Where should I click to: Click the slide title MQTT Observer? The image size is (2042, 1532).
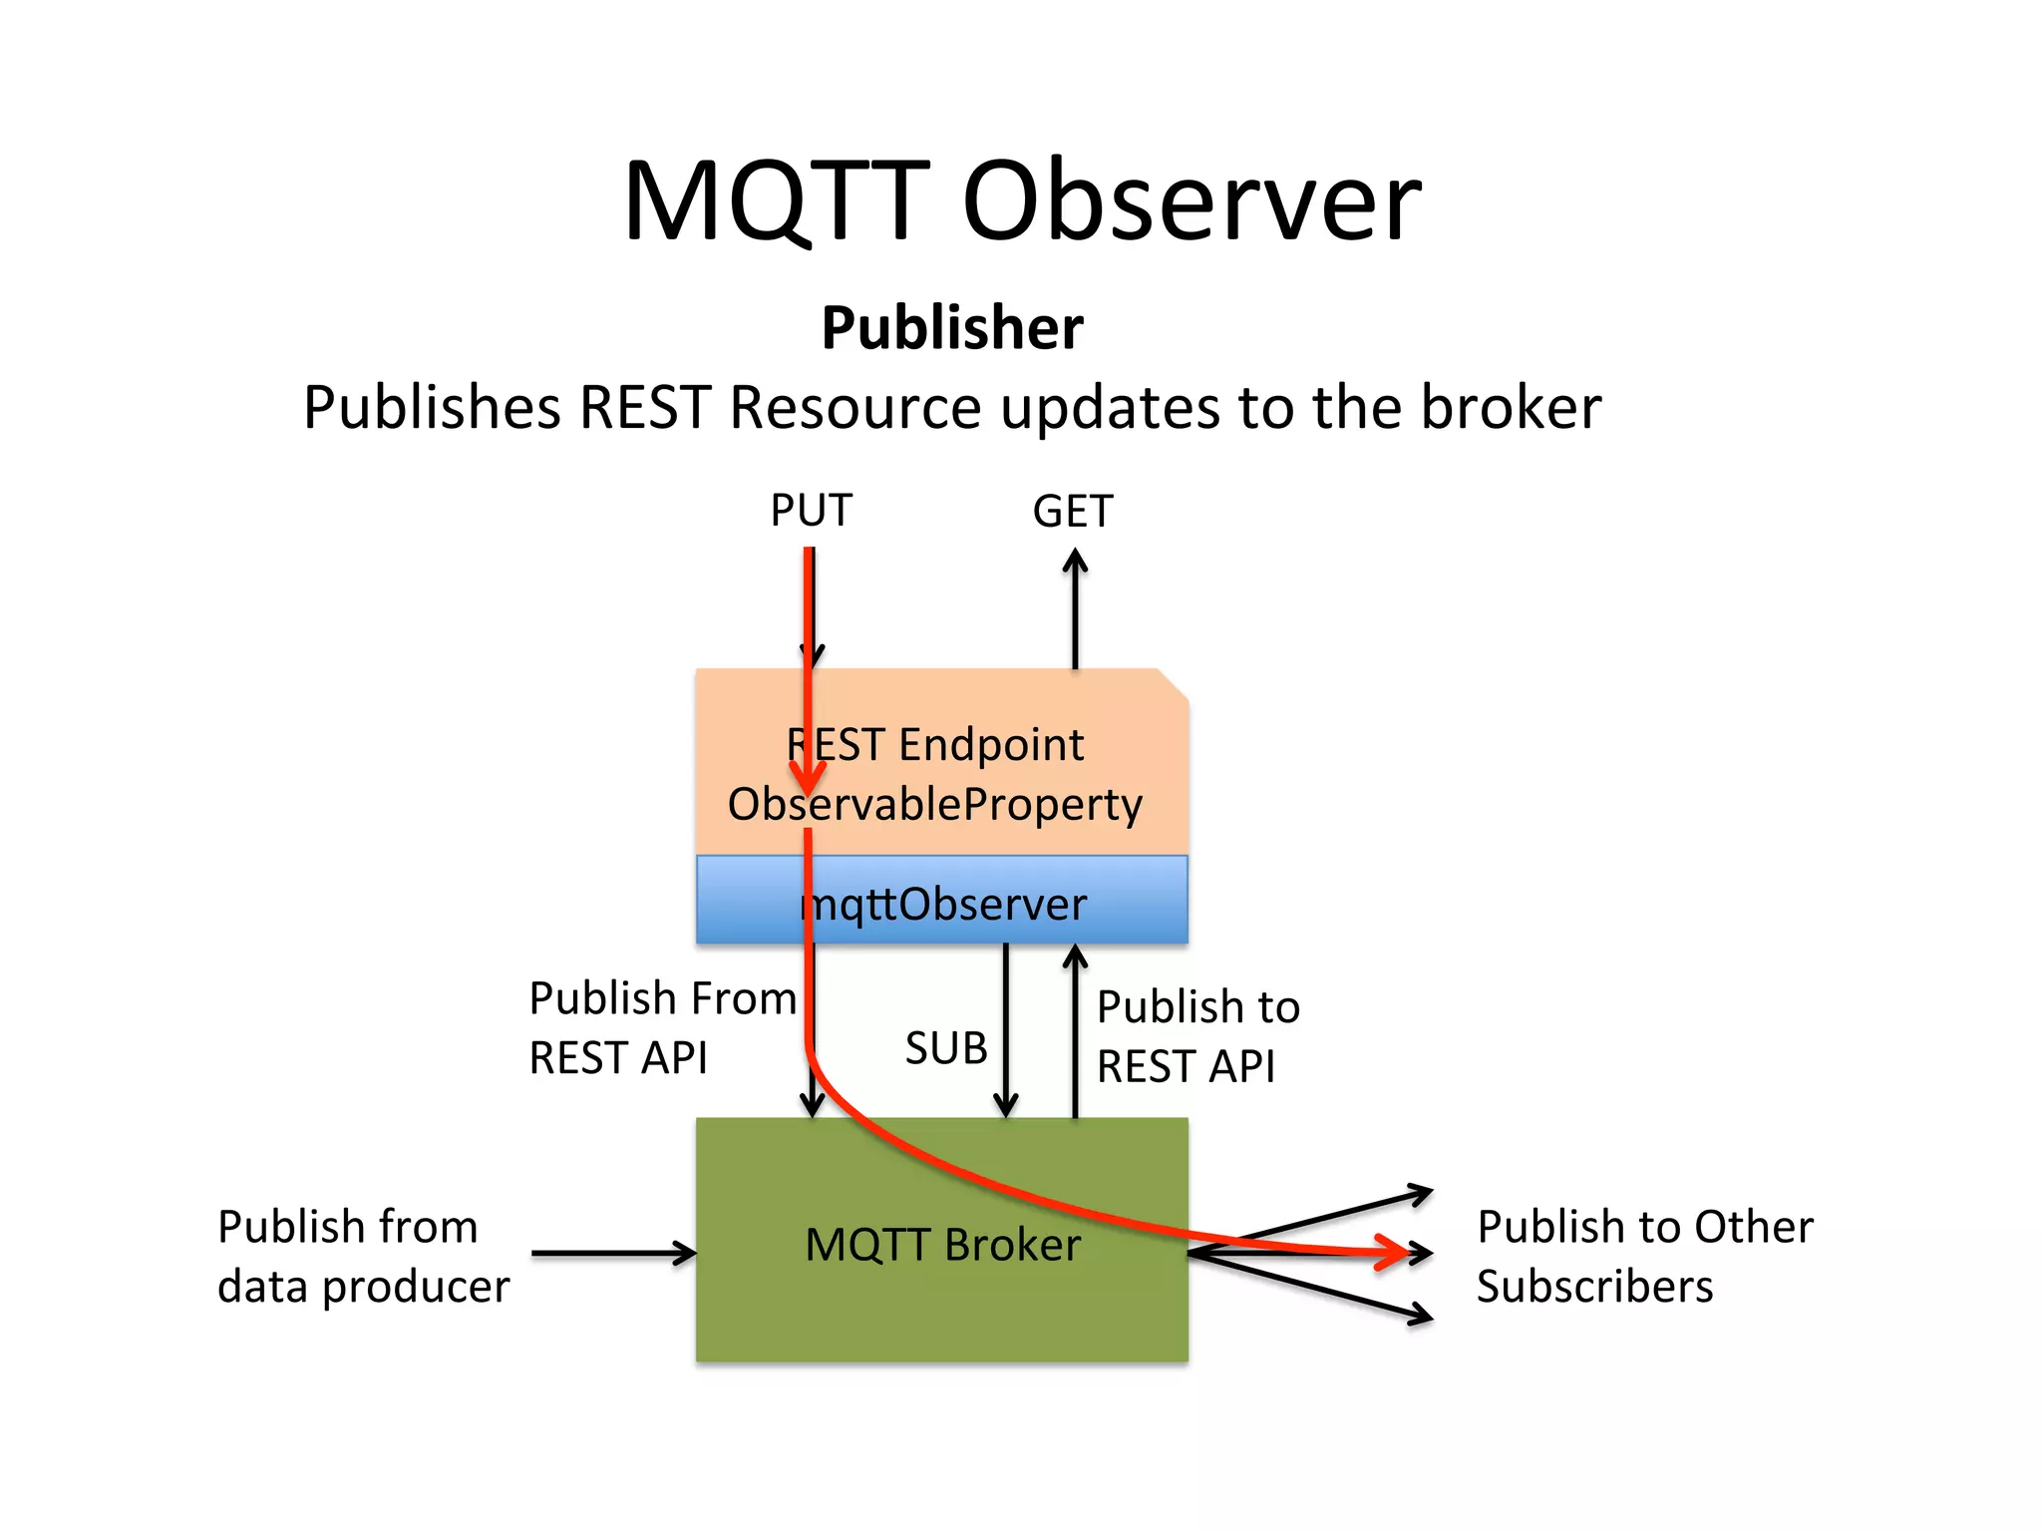tap(1021, 202)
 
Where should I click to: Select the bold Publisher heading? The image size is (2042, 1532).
tap(952, 328)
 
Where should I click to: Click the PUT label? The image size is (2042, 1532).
tap(811, 511)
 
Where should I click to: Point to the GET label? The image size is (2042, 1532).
tap(1072, 512)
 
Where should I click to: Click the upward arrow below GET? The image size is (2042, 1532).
tap(1075, 608)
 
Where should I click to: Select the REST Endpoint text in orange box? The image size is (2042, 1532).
tap(935, 745)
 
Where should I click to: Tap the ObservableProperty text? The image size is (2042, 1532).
tap(935, 804)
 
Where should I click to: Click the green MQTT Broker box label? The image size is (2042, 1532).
tap(942, 1245)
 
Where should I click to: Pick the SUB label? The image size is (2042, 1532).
tap(945, 1048)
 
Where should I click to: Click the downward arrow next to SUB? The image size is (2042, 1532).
tap(1006, 1032)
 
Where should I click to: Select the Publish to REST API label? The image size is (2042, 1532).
tap(1196, 1036)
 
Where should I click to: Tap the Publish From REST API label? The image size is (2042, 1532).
tap(662, 1027)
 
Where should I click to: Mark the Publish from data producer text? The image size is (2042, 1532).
tap(363, 1256)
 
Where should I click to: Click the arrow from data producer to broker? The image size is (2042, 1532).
tap(613, 1253)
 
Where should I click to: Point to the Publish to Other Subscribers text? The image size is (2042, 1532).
tap(1643, 1256)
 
